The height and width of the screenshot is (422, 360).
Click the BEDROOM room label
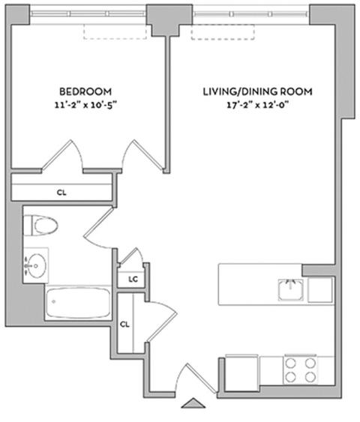click(85, 91)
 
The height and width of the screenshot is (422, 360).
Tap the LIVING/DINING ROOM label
click(257, 91)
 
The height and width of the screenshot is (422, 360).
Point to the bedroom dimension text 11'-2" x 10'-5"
click(86, 105)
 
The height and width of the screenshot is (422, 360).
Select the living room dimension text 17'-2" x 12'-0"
click(257, 105)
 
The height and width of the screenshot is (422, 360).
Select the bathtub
click(78, 303)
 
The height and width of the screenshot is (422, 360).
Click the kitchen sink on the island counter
click(290, 290)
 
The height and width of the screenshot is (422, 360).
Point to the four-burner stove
click(300, 370)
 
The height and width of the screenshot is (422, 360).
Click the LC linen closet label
click(133, 280)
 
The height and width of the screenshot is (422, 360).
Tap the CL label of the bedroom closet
click(61, 193)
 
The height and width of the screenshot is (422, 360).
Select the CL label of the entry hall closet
click(124, 325)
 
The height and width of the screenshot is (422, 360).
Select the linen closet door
click(131, 256)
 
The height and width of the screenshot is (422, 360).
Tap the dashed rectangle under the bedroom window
click(115, 31)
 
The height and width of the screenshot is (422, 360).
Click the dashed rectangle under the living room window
click(223, 32)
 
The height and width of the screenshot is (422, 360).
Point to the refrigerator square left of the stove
click(241, 373)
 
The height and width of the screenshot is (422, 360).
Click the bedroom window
click(88, 13)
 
